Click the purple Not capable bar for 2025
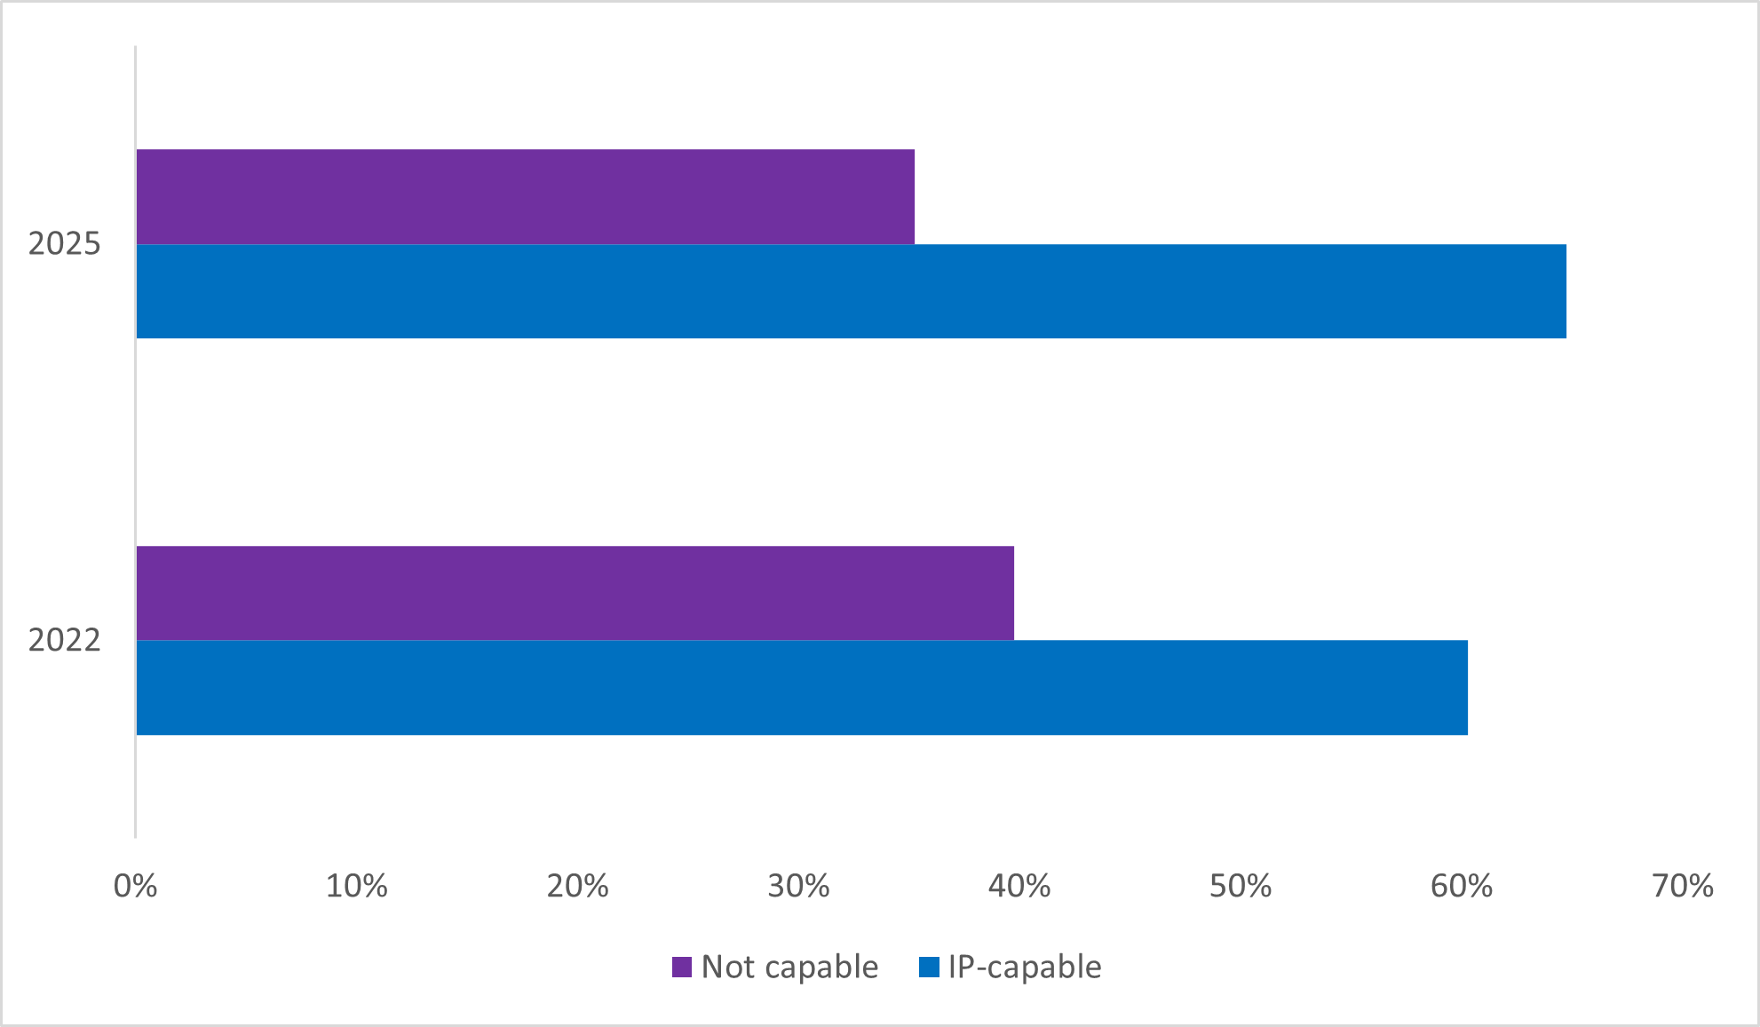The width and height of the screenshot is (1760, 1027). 525,196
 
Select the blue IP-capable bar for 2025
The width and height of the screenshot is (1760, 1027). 851,291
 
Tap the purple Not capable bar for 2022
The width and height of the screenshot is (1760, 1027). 575,593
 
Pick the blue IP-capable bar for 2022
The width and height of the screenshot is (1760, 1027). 801,688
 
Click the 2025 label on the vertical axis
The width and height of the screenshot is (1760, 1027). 65,243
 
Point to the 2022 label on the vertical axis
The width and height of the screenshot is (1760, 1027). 65,640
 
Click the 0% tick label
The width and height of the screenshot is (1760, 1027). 136,886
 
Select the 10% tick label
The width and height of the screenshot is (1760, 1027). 356,886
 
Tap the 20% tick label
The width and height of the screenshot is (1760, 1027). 577,886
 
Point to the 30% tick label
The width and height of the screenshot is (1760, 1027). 798,886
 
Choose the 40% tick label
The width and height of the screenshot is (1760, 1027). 1019,886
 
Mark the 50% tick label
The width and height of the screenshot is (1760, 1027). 1241,886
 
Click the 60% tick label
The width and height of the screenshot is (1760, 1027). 1462,886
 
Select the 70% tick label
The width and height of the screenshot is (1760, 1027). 1683,886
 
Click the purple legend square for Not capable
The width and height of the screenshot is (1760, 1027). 682,968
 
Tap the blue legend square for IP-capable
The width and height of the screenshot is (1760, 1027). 929,968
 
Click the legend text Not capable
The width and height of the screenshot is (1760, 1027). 789,967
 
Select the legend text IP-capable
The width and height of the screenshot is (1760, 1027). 1025,967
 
